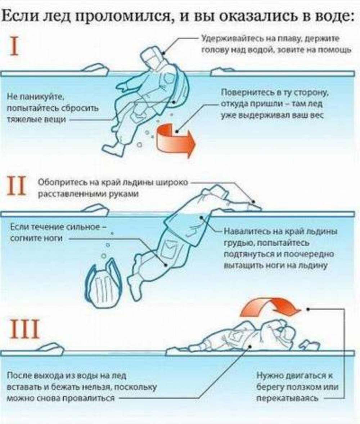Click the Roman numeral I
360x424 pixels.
(x=14, y=47)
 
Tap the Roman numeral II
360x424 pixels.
(x=17, y=186)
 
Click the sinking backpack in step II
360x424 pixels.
(x=104, y=283)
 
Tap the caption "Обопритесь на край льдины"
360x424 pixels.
(x=113, y=188)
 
